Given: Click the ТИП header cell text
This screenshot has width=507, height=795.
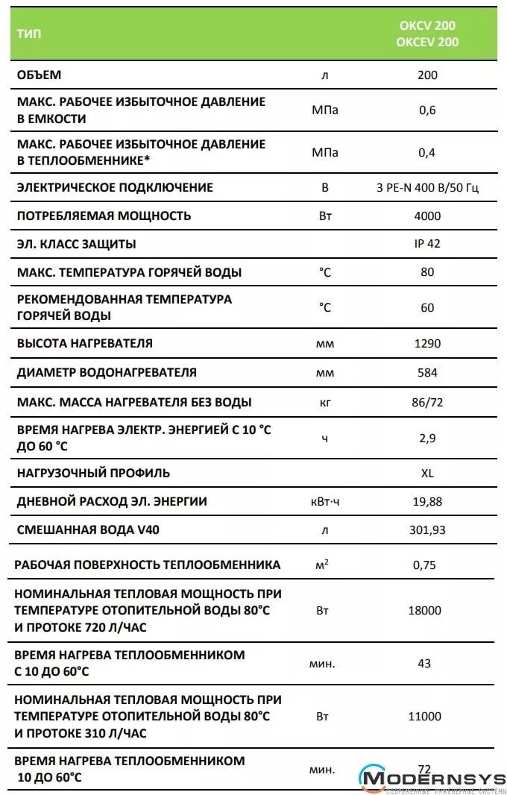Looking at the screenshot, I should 30,34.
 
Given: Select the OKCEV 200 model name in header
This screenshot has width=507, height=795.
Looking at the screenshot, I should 427,42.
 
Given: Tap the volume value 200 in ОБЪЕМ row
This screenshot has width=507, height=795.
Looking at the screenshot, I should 427,75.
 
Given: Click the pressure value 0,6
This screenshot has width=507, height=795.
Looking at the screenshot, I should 427,110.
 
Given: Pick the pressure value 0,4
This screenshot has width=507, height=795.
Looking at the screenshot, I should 427,152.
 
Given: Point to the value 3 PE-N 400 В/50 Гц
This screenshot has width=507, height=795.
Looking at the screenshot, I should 427,187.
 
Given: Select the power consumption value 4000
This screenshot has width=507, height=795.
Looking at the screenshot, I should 427,216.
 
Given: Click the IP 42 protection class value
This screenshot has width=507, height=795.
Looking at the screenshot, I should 427,244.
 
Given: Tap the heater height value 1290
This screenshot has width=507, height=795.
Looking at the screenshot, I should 427,343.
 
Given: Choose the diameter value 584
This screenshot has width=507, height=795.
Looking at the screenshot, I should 427,372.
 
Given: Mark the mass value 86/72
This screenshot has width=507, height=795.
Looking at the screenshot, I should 427,402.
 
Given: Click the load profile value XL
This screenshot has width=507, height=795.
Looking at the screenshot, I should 427,473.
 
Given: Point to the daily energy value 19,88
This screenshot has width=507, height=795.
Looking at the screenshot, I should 427,501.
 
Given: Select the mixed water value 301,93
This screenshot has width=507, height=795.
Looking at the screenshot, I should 427,530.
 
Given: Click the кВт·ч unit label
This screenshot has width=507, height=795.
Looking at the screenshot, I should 324,501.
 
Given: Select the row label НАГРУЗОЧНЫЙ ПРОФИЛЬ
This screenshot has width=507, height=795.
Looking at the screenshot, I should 93,473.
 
